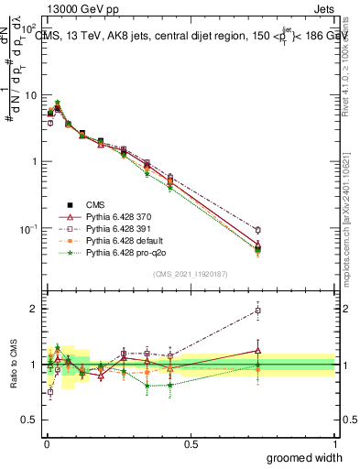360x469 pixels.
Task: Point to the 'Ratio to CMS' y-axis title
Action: (15, 365)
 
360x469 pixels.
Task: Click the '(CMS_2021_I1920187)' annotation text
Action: (191, 274)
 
